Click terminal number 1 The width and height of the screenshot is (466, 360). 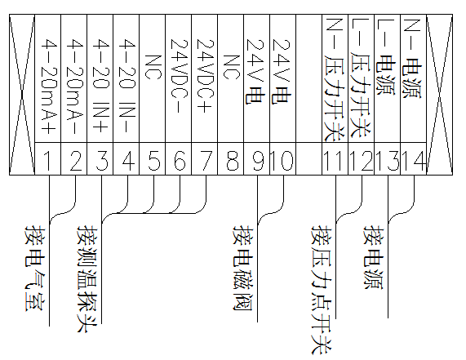tap(47, 161)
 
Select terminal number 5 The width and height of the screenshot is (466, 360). tap(153, 161)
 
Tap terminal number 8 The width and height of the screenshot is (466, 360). tap(232, 161)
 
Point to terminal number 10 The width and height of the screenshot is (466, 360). tap(282, 161)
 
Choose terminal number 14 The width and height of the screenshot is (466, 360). tap(414, 161)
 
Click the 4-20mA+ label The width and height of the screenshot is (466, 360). tap(49, 87)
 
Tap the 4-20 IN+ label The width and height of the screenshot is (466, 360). tap(101, 86)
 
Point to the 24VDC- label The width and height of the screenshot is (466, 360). tap(180, 76)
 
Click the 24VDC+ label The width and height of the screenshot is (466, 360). tap(206, 76)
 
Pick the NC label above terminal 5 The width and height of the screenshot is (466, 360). tap(153, 67)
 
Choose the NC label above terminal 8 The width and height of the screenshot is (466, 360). tap(232, 67)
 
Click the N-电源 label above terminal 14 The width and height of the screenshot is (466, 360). tap(412, 59)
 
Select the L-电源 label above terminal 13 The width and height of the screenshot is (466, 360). tap(386, 57)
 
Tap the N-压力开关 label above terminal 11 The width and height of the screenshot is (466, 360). tap(335, 80)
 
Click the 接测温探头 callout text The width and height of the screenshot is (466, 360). tap(87, 279)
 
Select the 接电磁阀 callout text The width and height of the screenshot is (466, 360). tap(242, 268)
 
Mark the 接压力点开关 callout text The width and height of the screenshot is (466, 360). tap(322, 290)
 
